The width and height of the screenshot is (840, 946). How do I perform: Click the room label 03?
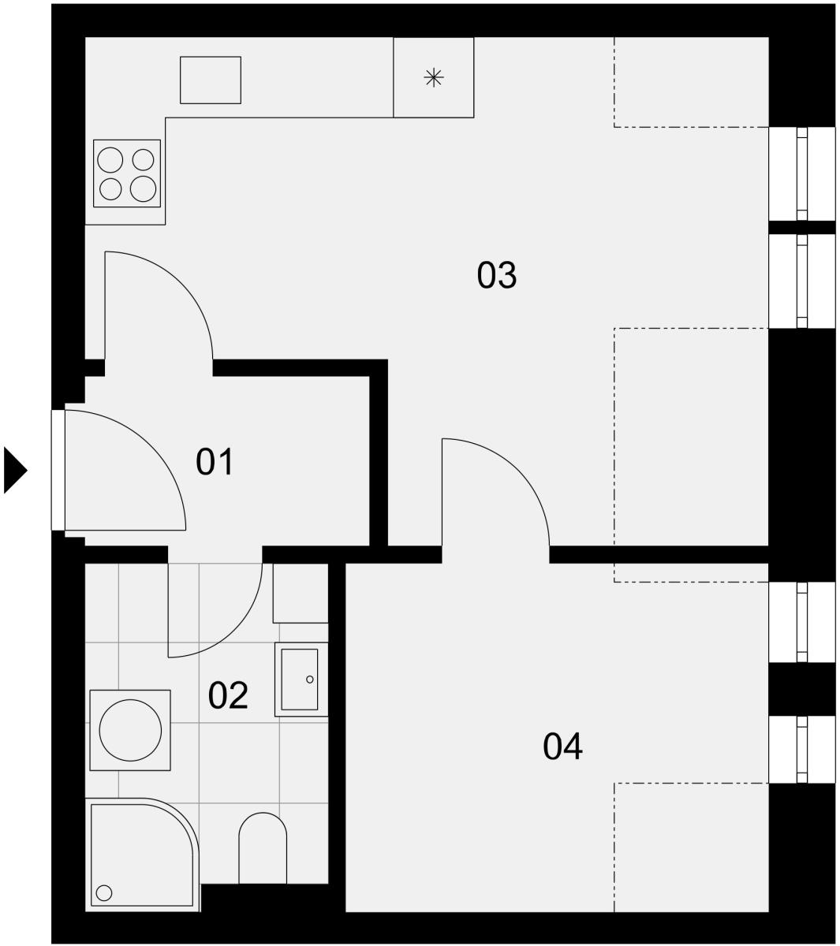[x=496, y=275]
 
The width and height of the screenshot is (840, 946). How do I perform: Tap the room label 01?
[x=215, y=462]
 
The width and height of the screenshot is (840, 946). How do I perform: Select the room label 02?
[x=227, y=695]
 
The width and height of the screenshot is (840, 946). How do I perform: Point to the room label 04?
[x=562, y=747]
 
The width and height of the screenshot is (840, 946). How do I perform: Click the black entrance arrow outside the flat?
[x=16, y=470]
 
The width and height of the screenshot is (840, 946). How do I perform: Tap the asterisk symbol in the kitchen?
[x=434, y=77]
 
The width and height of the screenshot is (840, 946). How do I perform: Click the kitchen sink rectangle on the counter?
[x=211, y=80]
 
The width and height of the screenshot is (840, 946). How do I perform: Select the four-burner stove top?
[x=127, y=173]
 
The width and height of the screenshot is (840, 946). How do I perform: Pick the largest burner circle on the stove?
[x=143, y=188]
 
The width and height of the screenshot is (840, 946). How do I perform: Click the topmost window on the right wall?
[x=801, y=173]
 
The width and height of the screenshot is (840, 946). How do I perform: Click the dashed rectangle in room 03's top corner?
[x=691, y=82]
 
